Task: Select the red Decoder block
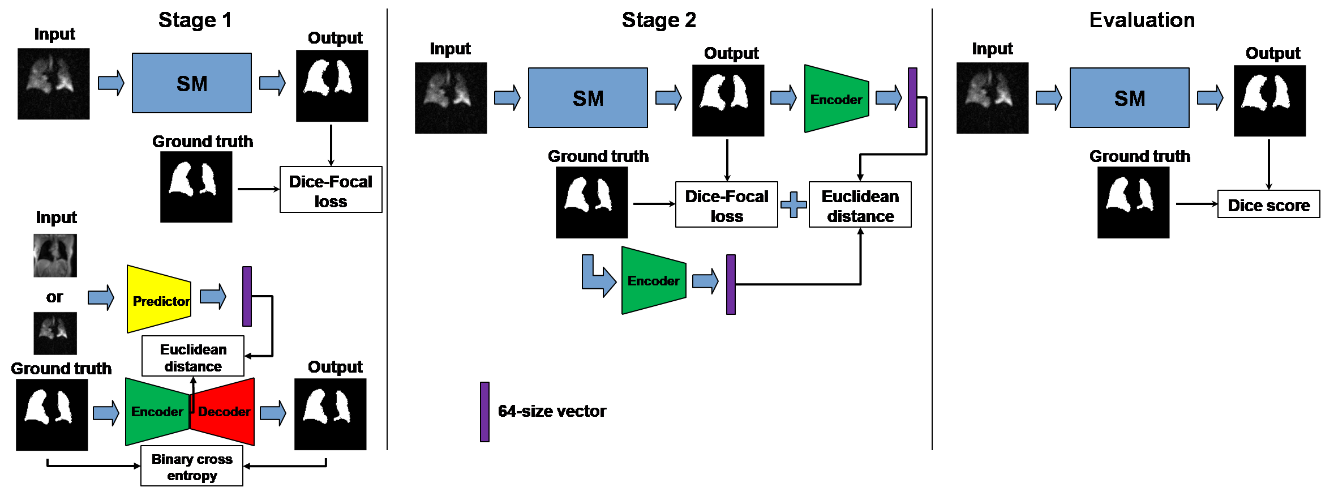(x=224, y=412)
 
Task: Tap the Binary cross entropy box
(x=192, y=466)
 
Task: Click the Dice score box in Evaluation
(x=1268, y=204)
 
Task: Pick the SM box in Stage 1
(x=192, y=83)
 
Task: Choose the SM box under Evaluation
(x=1129, y=98)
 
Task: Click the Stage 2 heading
(x=659, y=20)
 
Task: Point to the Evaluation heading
(x=1142, y=20)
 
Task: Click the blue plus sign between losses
(x=794, y=204)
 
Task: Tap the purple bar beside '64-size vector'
(x=484, y=412)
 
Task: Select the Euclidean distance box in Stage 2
(x=860, y=205)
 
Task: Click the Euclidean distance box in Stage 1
(x=193, y=357)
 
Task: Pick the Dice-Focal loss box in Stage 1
(x=331, y=190)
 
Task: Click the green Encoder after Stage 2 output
(x=836, y=99)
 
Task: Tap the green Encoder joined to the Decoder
(x=157, y=412)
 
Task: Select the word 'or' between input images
(x=54, y=297)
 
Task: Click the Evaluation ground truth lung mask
(x=1133, y=203)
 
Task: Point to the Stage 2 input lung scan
(x=451, y=98)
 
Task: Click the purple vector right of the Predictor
(x=247, y=296)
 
